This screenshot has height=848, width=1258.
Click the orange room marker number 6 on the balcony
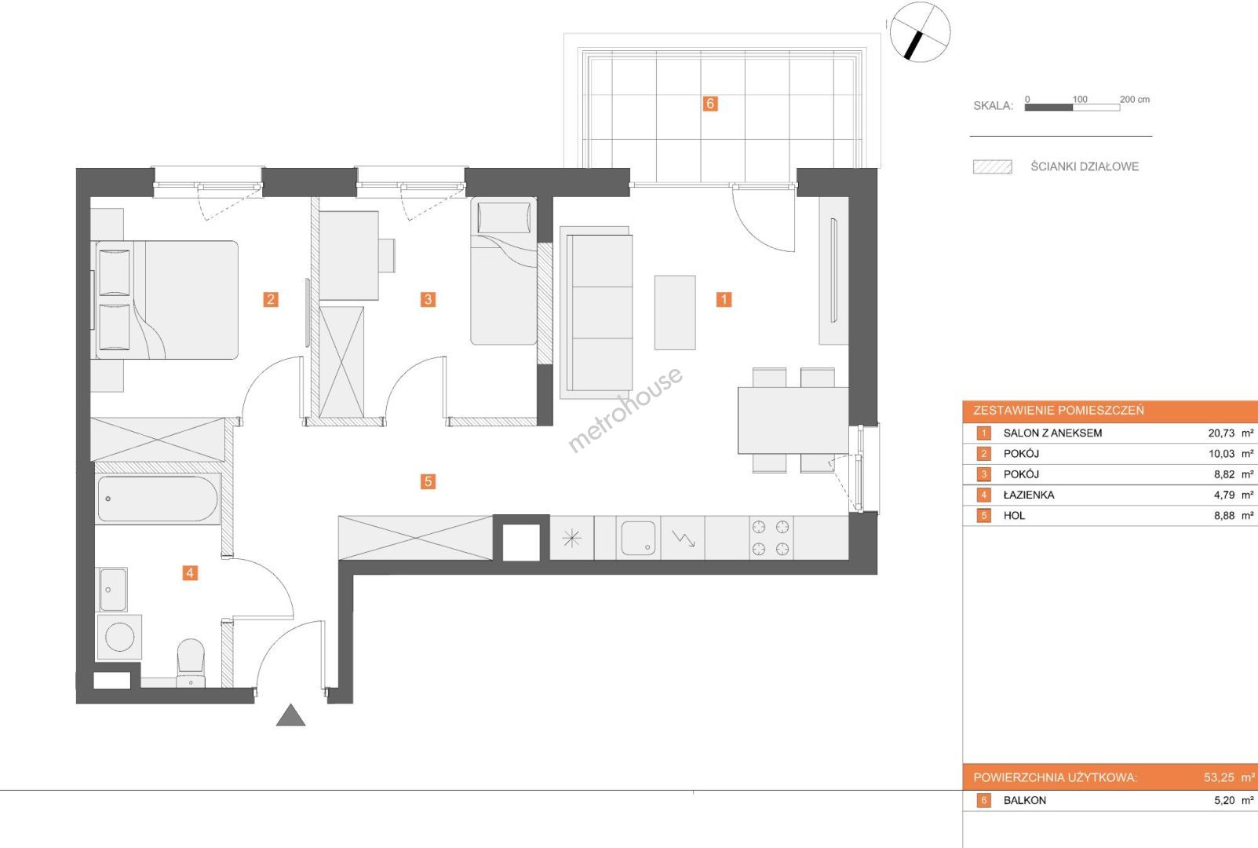[710, 104]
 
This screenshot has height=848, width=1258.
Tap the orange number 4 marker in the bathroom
[190, 572]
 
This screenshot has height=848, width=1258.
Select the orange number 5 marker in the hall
[428, 481]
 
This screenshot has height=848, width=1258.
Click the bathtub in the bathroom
[158, 499]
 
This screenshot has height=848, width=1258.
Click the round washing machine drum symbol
[119, 638]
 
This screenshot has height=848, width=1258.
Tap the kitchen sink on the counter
[638, 539]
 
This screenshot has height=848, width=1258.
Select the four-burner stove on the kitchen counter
[771, 538]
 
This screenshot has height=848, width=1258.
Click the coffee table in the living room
[674, 313]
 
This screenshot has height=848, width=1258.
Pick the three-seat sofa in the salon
[596, 313]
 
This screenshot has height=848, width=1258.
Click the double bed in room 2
[165, 300]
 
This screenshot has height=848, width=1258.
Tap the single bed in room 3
[504, 271]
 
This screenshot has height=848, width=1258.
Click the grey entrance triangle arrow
[291, 715]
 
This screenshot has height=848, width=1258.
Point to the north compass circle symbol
[920, 32]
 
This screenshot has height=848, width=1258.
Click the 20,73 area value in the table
[1221, 433]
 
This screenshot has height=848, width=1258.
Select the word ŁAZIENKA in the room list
[1029, 495]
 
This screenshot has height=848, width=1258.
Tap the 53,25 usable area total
[1220, 778]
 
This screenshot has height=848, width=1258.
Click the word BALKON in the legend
[1025, 800]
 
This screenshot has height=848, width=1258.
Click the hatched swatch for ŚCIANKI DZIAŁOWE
[993, 167]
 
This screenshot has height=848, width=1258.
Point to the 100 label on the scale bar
[1080, 100]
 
